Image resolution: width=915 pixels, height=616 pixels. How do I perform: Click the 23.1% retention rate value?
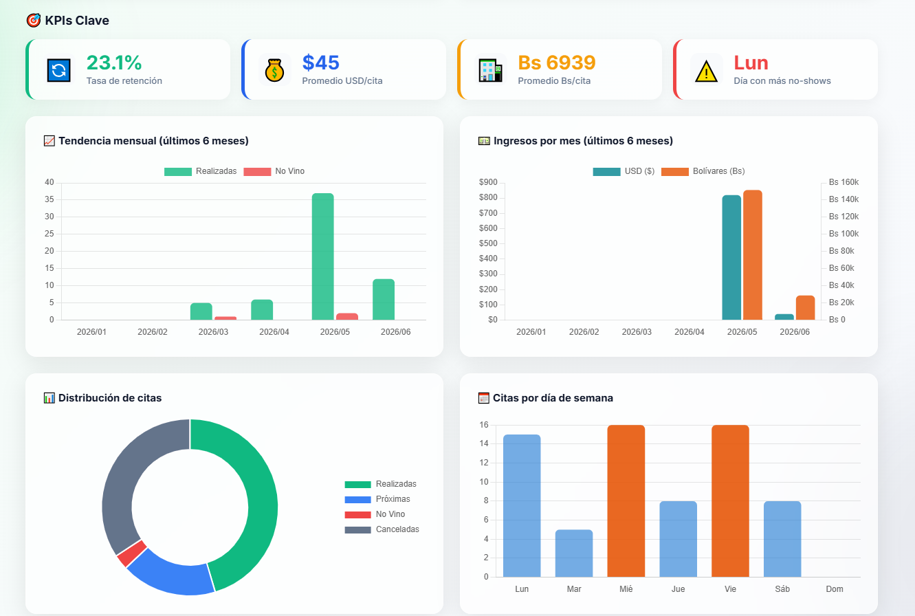114,63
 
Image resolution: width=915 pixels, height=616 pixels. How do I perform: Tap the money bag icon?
274,70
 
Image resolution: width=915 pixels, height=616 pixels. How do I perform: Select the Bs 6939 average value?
557,63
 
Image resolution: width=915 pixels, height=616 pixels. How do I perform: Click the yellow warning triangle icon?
706,71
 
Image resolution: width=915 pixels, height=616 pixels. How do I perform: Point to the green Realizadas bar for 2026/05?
322,256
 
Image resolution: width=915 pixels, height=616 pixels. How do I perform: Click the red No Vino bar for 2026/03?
225,318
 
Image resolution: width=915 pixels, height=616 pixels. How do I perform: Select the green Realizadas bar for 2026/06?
384,300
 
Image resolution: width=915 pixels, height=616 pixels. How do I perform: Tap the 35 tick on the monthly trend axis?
49,199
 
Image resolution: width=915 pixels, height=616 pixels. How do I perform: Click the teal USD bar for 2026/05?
731,257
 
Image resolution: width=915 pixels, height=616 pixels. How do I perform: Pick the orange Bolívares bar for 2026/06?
805,307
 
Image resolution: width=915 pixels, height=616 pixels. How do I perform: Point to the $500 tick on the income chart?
488,243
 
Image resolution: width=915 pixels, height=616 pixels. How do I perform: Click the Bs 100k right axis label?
844,234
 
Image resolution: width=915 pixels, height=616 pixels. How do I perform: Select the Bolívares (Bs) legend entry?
703,171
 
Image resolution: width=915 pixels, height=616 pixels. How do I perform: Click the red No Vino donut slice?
132,553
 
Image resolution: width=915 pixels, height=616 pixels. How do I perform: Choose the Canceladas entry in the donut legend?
382,529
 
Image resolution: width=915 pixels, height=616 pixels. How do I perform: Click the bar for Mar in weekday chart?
574,553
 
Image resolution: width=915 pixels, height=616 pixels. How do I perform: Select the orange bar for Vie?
730,500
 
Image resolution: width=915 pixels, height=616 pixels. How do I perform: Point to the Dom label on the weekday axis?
835,589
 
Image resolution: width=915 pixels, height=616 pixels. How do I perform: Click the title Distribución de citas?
110,398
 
